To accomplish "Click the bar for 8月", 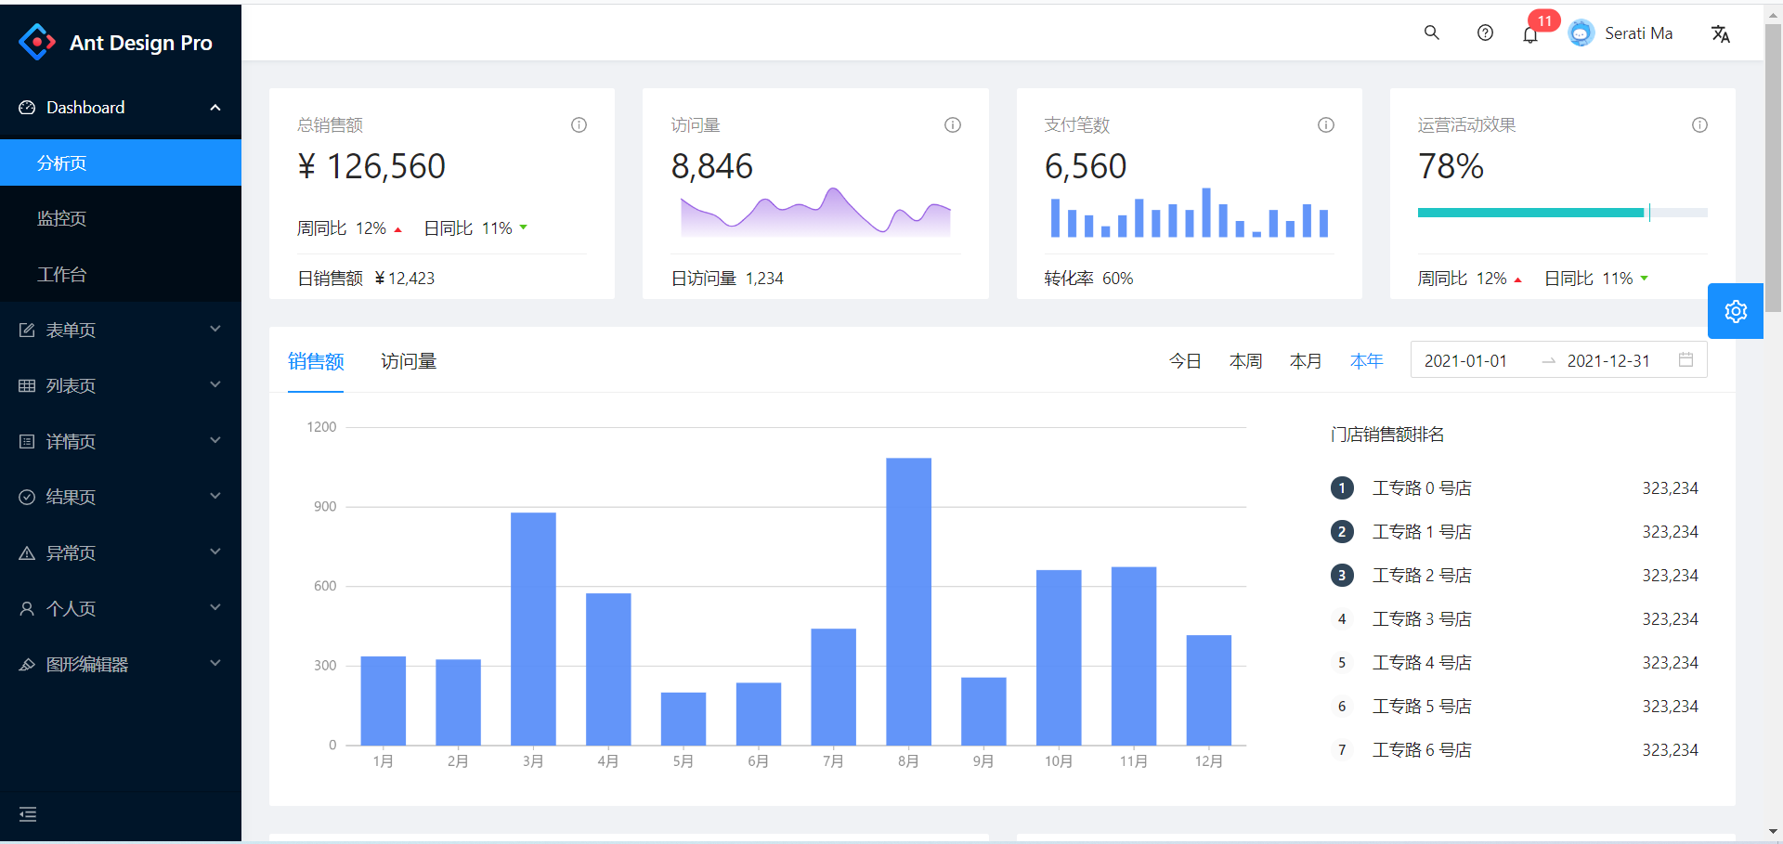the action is [908, 601].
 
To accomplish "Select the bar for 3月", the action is [533, 629].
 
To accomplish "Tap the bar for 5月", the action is [683, 719].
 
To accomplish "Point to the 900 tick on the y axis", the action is [325, 507].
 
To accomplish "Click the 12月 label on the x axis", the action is [1208, 761].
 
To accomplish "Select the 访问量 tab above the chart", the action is [409, 361].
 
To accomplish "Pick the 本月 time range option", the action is [1306, 361].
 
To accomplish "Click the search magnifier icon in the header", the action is [1432, 33].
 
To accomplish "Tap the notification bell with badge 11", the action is [1530, 34].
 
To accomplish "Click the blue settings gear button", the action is [1736, 311].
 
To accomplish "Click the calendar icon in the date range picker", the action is [1686, 360].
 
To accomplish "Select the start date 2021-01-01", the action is [1465, 361].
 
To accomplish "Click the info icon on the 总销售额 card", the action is [579, 125].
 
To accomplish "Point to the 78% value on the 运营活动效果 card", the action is [1451, 167].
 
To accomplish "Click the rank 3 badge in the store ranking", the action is [1342, 576].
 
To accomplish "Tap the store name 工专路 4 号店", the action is [1422, 663].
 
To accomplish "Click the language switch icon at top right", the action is [1721, 34].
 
